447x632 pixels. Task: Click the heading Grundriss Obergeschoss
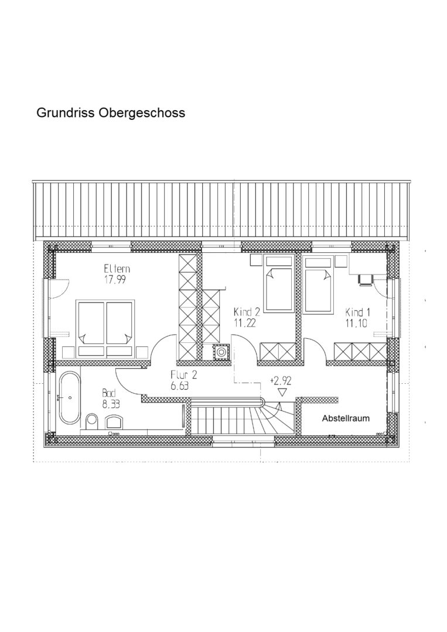coord(111,113)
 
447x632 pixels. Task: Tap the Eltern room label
coord(117,269)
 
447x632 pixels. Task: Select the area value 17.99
coord(115,280)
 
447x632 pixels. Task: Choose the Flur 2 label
coord(183,375)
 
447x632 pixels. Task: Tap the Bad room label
coord(109,393)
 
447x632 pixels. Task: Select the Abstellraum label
coord(346,418)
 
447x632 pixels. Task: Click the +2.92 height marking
coord(281,380)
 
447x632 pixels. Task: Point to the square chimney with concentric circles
coord(221,352)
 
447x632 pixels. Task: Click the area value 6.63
coord(180,386)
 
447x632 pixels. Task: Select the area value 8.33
coord(111,404)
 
